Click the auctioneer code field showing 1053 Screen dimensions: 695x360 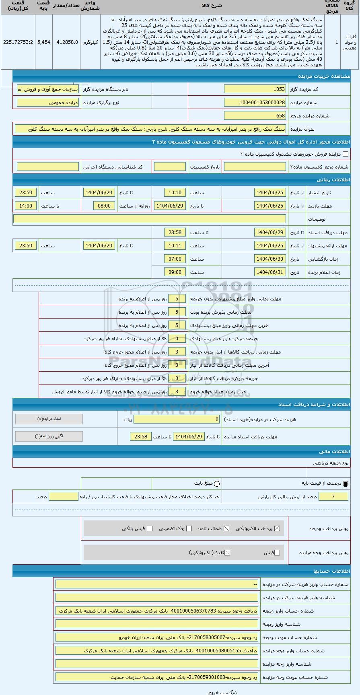pyautogui.click(x=255, y=89)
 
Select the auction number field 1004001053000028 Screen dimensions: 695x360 pyautogui.click(x=255, y=103)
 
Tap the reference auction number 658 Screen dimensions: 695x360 pyautogui.click(x=255, y=116)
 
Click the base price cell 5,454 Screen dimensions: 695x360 pyautogui.click(x=43, y=42)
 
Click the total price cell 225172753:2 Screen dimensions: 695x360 pyautogui.click(x=18, y=42)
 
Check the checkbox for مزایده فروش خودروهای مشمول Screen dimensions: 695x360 pyautogui.click(x=345, y=154)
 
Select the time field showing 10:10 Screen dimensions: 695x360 pyautogui.click(x=175, y=193)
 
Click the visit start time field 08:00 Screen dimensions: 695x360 pyautogui.click(x=104, y=206)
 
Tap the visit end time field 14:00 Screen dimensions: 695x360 pyautogui.click(x=26, y=206)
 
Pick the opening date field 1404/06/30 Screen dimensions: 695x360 pyautogui.click(x=270, y=259)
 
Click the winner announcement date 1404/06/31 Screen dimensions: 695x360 pyautogui.click(x=270, y=272)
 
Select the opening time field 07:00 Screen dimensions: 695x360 pyautogui.click(x=175, y=259)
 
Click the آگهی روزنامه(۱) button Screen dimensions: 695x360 pyautogui.click(x=49, y=436)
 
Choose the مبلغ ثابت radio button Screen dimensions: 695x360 pyautogui.click(x=217, y=483)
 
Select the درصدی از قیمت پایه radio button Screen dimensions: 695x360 pyautogui.click(x=346, y=483)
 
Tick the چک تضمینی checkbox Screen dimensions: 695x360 pyautogui.click(x=189, y=528)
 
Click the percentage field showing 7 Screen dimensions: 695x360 pyautogui.click(x=333, y=497)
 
